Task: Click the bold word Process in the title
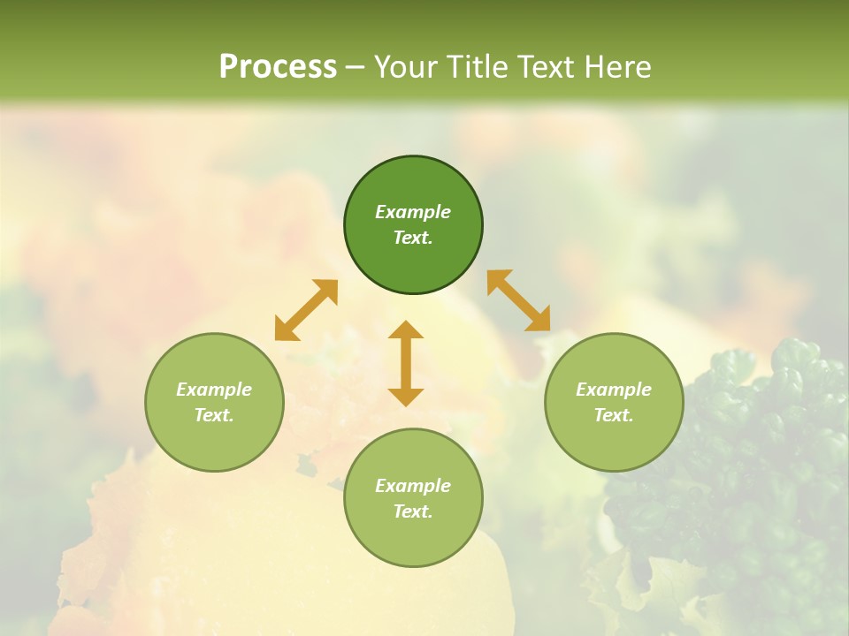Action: point(278,67)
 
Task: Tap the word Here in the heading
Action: point(616,67)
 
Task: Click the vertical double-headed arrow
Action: point(406,363)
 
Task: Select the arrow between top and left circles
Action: point(306,310)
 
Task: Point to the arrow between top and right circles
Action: point(518,300)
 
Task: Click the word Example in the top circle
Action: point(413,212)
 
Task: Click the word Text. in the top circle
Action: point(413,238)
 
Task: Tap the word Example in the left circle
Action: point(214,390)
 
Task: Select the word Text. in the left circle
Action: point(214,415)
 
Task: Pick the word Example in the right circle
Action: point(614,390)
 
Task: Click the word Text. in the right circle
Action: point(614,415)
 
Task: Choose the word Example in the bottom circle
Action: point(413,486)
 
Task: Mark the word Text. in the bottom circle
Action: point(413,511)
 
